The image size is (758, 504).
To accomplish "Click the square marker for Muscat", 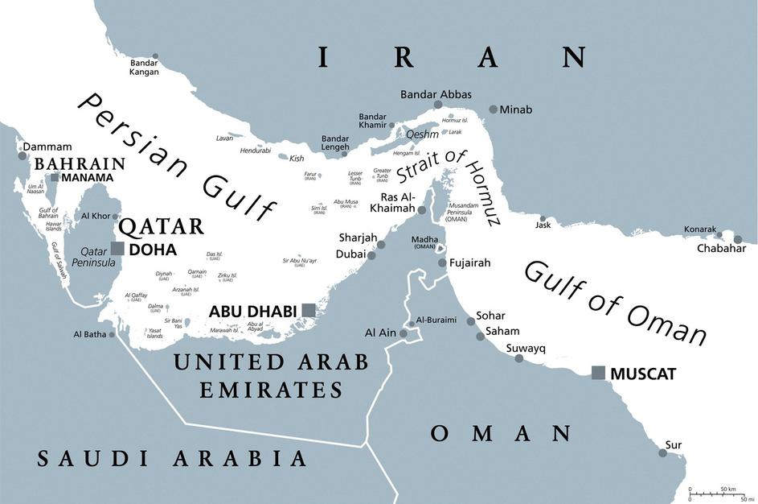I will (x=598, y=373).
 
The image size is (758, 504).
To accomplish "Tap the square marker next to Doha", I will (x=117, y=249).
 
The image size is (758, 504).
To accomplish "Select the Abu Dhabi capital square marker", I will (x=309, y=310).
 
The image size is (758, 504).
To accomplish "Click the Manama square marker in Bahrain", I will (x=54, y=177).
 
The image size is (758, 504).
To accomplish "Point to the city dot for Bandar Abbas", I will (x=438, y=105).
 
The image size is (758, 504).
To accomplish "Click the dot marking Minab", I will (x=493, y=109).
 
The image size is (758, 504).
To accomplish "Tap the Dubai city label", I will (x=350, y=254).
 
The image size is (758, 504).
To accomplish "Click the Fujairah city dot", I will (x=442, y=263).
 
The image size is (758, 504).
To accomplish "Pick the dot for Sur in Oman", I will (x=662, y=453).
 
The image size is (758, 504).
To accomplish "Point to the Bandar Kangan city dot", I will (x=155, y=56).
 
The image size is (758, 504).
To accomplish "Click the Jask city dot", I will (x=543, y=218).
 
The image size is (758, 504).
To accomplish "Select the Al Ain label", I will (x=381, y=332).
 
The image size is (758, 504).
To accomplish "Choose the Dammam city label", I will (x=47, y=147).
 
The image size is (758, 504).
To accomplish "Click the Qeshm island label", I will (x=423, y=134).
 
